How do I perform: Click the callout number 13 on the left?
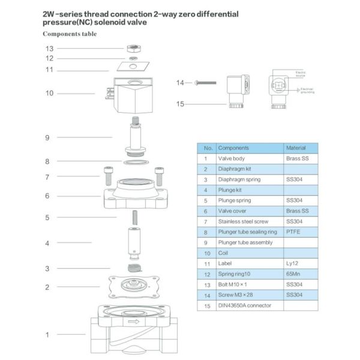50,48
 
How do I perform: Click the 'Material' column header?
296,148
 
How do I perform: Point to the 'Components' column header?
233,148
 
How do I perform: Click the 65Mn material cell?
294,274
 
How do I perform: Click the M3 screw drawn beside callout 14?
205,82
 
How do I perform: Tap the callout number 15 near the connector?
179,104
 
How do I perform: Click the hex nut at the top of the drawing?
133,47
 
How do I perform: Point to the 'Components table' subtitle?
69,34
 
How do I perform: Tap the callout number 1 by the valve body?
47,334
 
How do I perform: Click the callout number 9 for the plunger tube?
47,137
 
